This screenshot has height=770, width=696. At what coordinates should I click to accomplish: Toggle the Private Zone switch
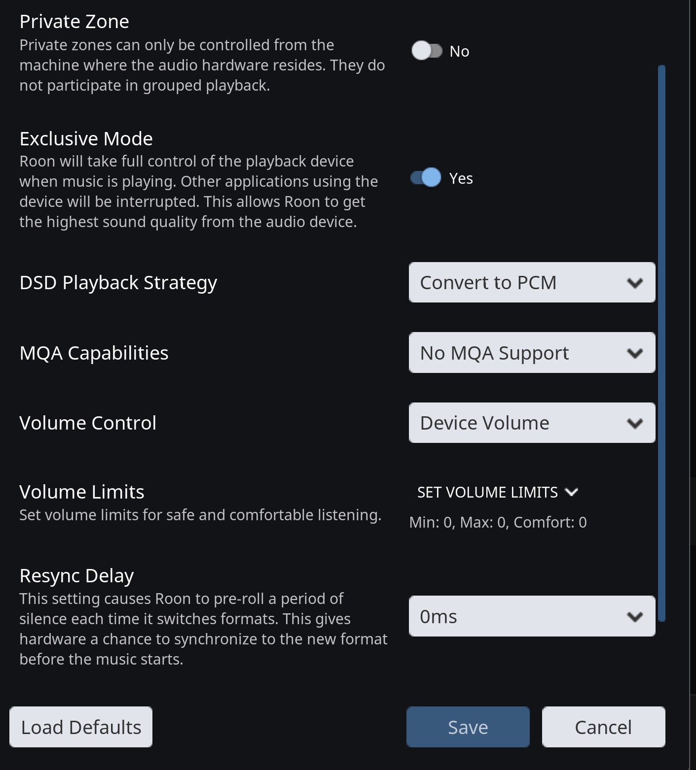point(427,51)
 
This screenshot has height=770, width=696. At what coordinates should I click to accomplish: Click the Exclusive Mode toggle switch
point(426,177)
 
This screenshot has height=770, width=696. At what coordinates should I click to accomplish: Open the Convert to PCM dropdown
point(532,282)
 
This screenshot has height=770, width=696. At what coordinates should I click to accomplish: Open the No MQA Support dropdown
point(532,353)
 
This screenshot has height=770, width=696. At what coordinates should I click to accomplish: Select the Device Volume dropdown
point(532,423)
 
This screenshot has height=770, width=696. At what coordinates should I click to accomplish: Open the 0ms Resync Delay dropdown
point(532,616)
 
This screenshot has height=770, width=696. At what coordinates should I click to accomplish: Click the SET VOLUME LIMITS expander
point(497,492)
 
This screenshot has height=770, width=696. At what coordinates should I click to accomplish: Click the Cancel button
point(603,727)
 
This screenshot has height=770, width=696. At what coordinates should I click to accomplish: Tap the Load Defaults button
point(81,727)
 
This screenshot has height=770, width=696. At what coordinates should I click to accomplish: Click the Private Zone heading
point(74,22)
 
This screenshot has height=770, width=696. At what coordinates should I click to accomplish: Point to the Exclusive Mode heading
point(86,139)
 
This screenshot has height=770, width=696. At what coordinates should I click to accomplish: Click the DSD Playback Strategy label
point(118,283)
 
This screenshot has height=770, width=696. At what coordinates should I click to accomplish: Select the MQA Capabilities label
point(94,353)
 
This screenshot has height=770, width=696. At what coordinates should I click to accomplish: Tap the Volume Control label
point(88,423)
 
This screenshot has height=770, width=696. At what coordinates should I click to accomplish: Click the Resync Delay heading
point(77,575)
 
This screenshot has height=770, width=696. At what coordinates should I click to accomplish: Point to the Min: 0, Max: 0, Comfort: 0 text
point(498,522)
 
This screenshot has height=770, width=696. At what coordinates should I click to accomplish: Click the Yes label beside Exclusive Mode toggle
point(461,178)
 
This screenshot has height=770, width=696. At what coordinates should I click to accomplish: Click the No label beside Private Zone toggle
point(459,51)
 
